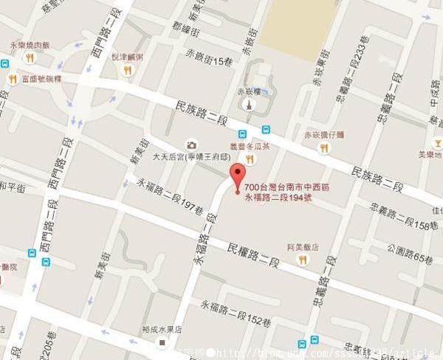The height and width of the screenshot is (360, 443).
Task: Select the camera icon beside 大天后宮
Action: pos(191,145)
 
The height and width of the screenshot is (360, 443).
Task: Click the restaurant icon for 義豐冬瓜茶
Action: pos(250,159)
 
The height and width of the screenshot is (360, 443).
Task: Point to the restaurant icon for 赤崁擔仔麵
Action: pos(323,148)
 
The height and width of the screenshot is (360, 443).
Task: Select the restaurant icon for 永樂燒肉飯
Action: pos(29,58)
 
